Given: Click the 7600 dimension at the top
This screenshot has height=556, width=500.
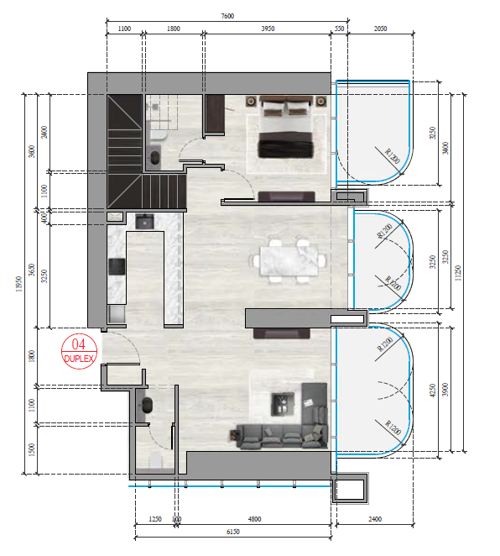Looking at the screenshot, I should pyautogui.click(x=227, y=15).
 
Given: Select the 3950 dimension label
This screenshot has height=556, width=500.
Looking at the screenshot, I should pyautogui.click(x=268, y=29).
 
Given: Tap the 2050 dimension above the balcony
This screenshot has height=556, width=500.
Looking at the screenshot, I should pyautogui.click(x=380, y=29).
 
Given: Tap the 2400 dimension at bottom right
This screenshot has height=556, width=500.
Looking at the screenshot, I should pyautogui.click(x=374, y=519).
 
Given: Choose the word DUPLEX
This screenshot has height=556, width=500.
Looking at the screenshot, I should pyautogui.click(x=81, y=358).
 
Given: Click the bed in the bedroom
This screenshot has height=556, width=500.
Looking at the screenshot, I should pyautogui.click(x=286, y=129).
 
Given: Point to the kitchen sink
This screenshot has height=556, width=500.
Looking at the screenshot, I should pyautogui.click(x=144, y=222).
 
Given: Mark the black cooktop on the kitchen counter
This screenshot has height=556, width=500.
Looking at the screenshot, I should pyautogui.click(x=117, y=266).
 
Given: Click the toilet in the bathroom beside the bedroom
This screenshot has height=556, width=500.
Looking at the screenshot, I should pyautogui.click(x=155, y=157).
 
